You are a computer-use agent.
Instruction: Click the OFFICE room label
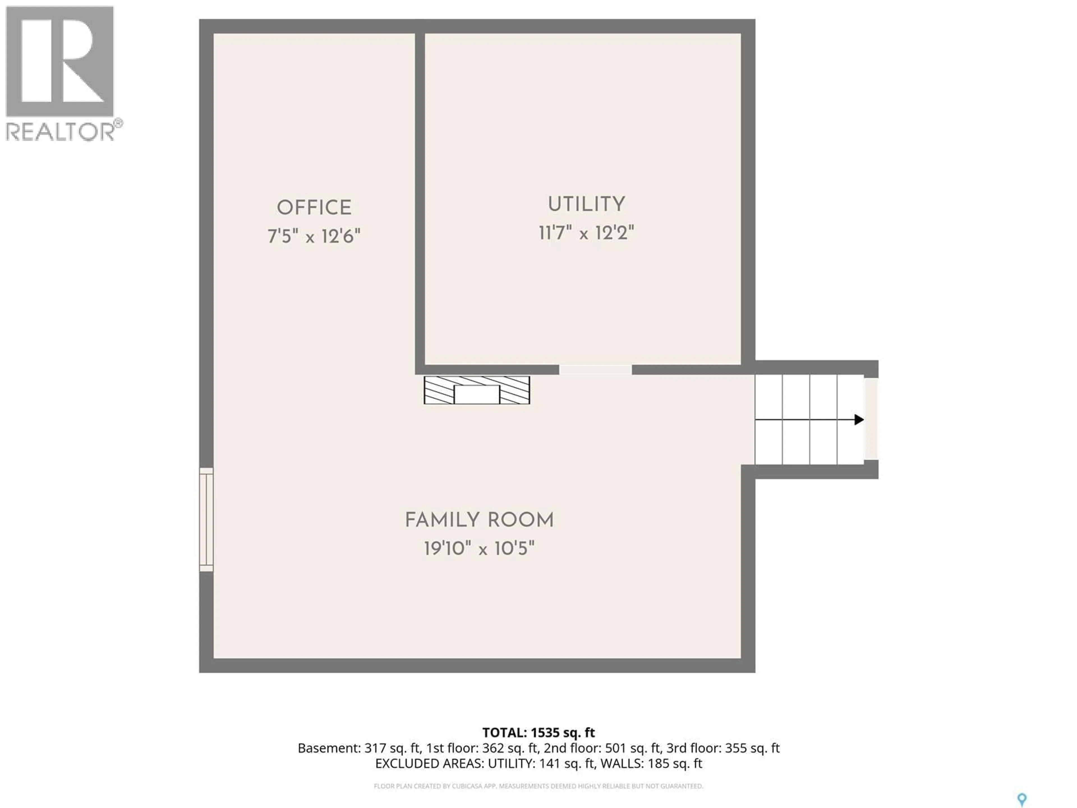pyautogui.click(x=314, y=208)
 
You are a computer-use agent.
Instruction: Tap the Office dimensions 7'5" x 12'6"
pyautogui.click(x=314, y=237)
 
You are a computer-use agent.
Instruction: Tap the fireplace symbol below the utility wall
pyautogui.click(x=477, y=390)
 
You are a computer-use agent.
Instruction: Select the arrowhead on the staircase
pyautogui.click(x=859, y=419)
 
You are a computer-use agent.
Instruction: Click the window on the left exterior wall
pyautogui.click(x=206, y=519)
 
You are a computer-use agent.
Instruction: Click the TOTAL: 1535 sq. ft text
pyautogui.click(x=538, y=733)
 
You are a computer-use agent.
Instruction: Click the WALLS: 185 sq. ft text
pyautogui.click(x=651, y=764)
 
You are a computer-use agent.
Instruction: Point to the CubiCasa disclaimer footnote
pyautogui.click(x=538, y=786)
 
